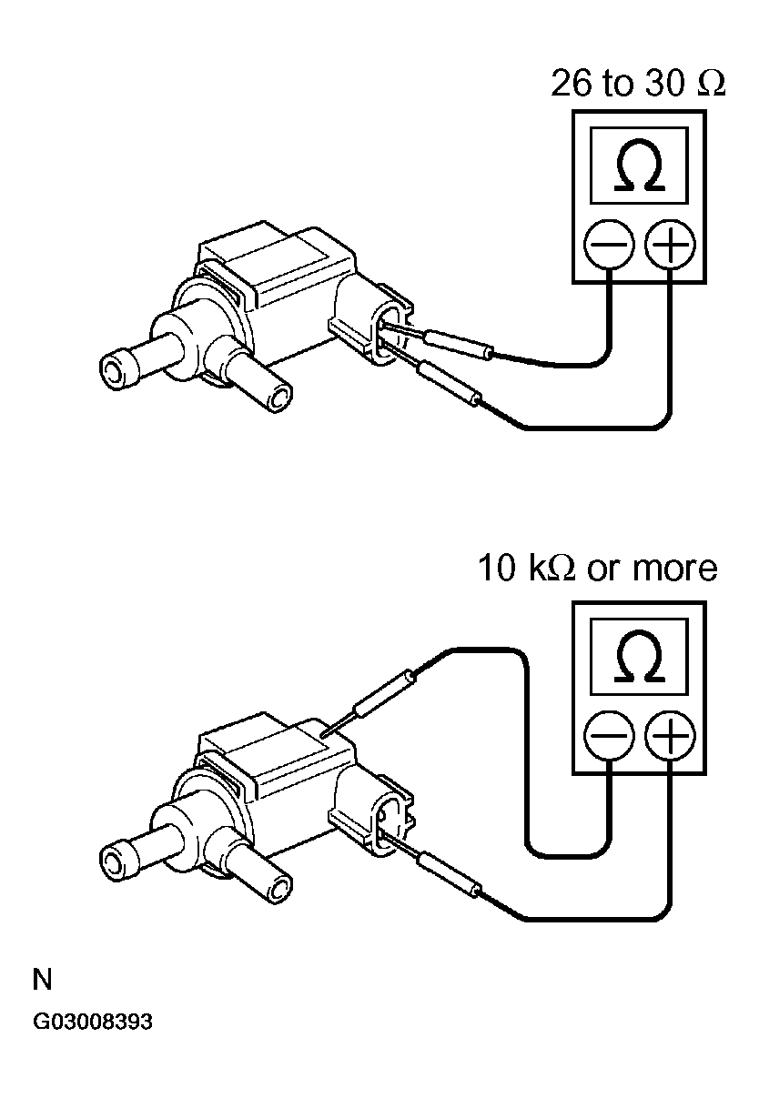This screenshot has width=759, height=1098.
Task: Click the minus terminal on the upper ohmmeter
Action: point(609,245)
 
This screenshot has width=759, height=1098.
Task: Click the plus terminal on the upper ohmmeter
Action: point(669,245)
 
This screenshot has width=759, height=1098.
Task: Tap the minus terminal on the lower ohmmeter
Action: point(609,734)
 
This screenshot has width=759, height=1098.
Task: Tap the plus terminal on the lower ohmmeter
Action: point(669,734)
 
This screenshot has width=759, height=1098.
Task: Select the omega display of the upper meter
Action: point(639,166)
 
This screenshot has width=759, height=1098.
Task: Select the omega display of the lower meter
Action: point(639,656)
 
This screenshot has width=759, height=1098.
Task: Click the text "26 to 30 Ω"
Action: point(638,84)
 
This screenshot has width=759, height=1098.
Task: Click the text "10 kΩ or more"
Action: point(597,569)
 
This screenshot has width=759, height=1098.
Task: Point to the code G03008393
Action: point(93,1021)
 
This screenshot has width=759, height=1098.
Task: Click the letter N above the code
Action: point(42,980)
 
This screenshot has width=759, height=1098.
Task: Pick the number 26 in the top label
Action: point(570,84)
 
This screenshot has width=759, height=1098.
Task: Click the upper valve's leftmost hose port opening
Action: point(113,369)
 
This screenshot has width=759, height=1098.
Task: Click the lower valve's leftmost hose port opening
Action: point(113,860)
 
